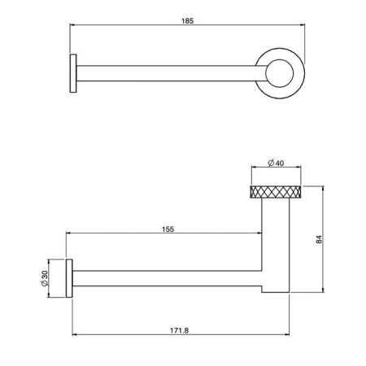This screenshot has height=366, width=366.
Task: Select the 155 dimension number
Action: click(x=168, y=229)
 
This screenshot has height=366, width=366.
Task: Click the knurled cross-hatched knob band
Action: click(x=277, y=193)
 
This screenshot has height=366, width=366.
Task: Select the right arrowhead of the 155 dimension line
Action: click(x=259, y=237)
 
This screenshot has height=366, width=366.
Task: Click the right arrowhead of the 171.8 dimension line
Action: click(x=292, y=335)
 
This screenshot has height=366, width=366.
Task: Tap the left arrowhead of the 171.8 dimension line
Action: click(x=73, y=335)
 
